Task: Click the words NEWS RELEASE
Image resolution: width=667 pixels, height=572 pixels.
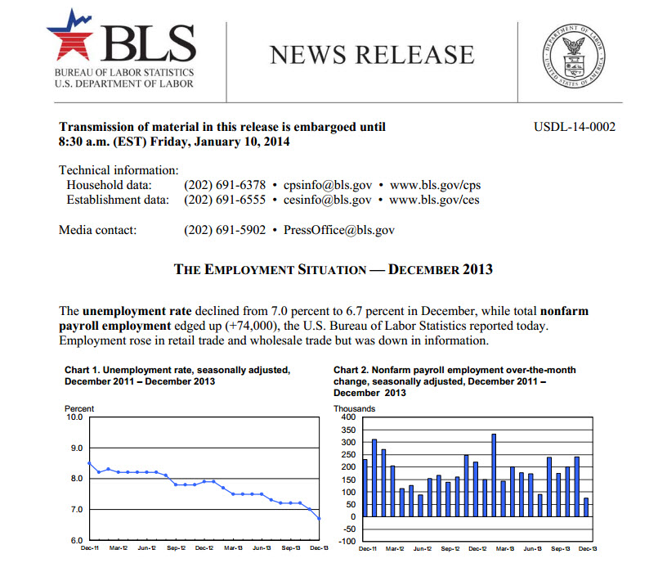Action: pos(372,54)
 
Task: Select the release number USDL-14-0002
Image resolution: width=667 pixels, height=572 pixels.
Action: pos(574,127)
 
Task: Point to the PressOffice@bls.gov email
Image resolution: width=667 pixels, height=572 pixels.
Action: pos(339,230)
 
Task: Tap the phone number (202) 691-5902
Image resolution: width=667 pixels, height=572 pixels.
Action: pos(225,230)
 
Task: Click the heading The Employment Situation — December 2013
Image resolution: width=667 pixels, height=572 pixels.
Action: pos(333,268)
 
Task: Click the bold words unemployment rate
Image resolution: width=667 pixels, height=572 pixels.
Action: pos(137,311)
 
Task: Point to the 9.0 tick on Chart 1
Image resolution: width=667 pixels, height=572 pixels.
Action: pos(75,448)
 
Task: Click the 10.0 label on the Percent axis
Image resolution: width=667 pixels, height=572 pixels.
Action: pos(74,417)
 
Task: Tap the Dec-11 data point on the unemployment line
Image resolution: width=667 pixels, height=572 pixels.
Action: pos(89,463)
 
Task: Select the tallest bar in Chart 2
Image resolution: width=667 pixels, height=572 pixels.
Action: pos(494,475)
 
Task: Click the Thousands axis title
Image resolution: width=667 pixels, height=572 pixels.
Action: pos(354,408)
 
